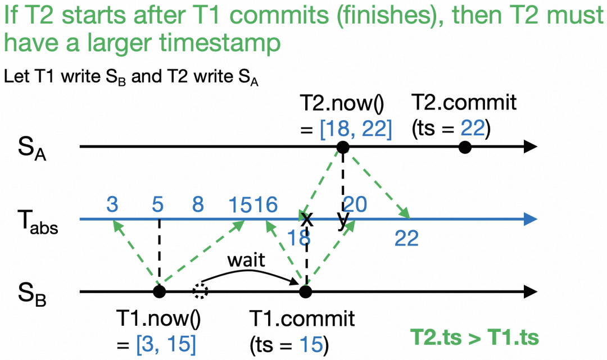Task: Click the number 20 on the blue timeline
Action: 355,205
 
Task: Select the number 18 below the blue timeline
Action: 300,238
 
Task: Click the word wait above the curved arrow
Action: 246,261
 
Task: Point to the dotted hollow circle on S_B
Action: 199,291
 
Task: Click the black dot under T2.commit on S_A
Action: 464,148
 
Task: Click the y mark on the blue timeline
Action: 342,220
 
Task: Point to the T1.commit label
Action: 302,319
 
